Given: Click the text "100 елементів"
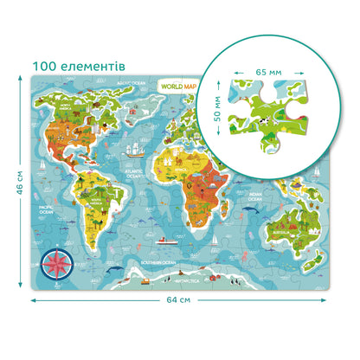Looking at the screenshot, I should pyautogui.click(x=80, y=66).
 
